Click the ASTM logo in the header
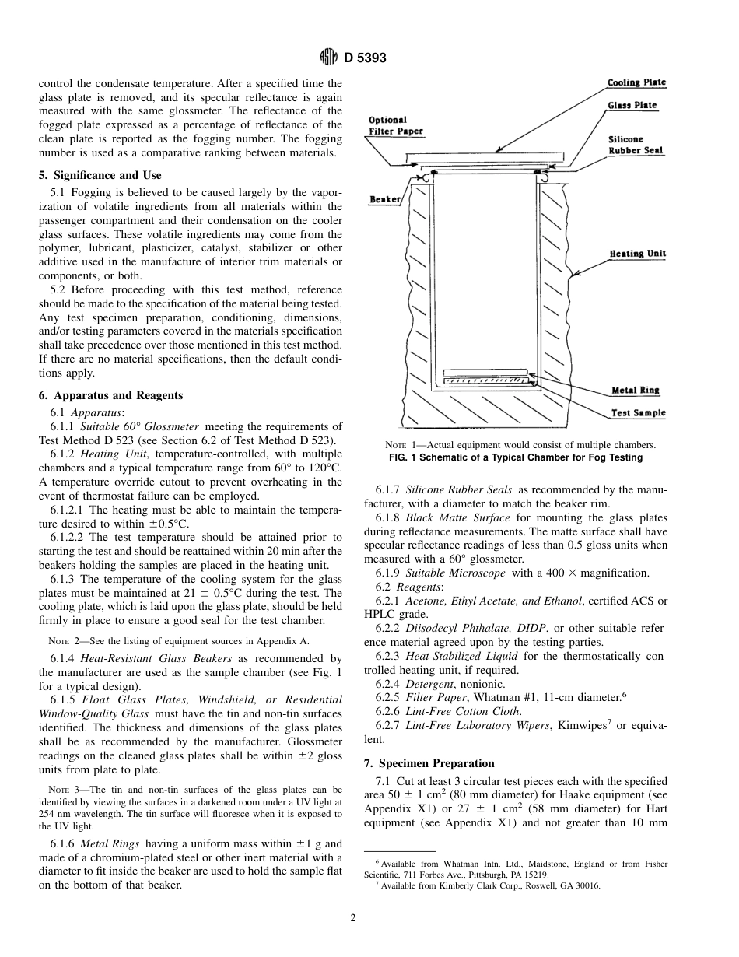pyautogui.click(x=328, y=58)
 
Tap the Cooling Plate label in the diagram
pyautogui.click(x=636, y=82)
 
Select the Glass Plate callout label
pyautogui.click(x=632, y=105)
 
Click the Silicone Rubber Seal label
pyautogui.click(x=635, y=145)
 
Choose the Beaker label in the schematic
pyautogui.click(x=384, y=200)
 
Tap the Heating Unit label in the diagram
pyautogui.click(x=637, y=254)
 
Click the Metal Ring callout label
pyautogui.click(x=635, y=391)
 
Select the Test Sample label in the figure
pyautogui.click(x=638, y=413)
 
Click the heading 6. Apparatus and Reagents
pyautogui.click(x=111, y=395)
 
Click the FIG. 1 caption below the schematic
pyautogui.click(x=515, y=457)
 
